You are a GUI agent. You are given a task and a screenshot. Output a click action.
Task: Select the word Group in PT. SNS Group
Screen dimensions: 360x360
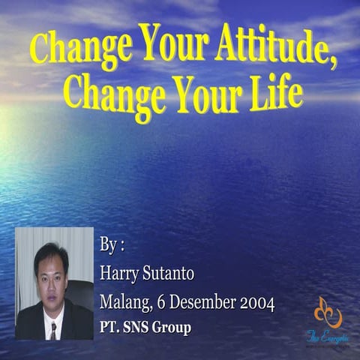(x=172, y=327)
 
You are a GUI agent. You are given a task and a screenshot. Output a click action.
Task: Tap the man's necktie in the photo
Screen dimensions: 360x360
(x=52, y=327)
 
